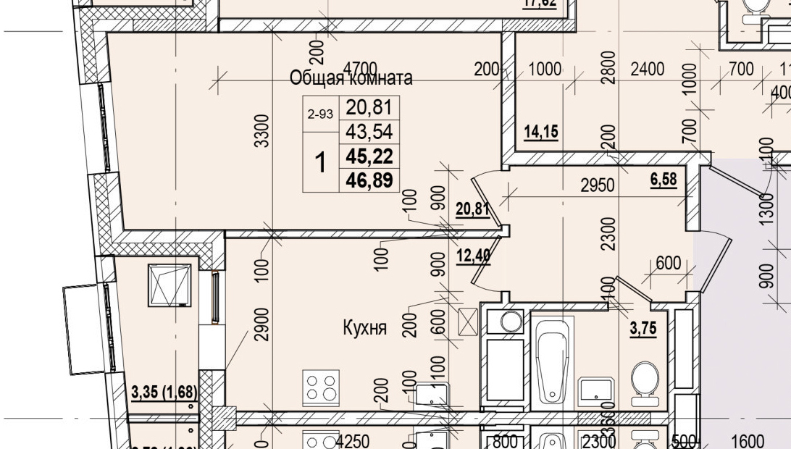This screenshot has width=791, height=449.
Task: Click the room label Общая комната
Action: click(x=351, y=78)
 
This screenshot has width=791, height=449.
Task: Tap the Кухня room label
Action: click(x=364, y=328)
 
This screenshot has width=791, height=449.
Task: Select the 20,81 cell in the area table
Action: click(x=369, y=108)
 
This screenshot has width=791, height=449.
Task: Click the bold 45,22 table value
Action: click(x=369, y=156)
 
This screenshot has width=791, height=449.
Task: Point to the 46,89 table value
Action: click(x=369, y=180)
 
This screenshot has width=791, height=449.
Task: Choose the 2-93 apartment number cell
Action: click(x=320, y=114)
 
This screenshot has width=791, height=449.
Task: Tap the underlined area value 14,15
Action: click(x=541, y=132)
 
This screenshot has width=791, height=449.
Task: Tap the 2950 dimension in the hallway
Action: click(x=598, y=186)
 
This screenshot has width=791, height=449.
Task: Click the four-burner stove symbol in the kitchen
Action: click(x=319, y=385)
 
